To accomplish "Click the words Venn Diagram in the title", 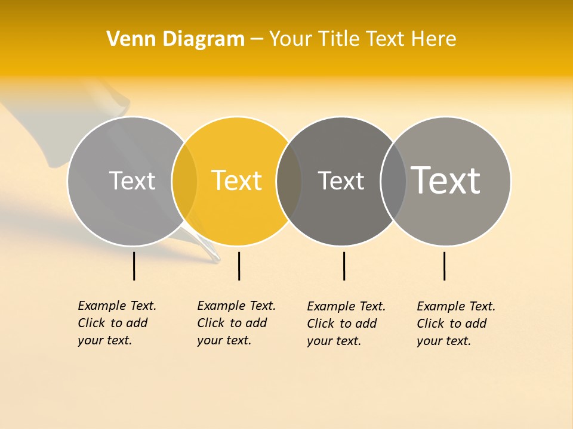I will point(175,39).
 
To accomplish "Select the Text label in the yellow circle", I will point(237,181).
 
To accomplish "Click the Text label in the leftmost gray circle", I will point(132,181).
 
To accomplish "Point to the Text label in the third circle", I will point(341,181).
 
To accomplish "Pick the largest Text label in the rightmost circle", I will point(446,180).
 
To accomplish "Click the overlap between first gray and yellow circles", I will point(184,181).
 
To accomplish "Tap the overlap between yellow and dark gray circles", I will point(289,181).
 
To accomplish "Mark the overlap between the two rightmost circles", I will point(393,181).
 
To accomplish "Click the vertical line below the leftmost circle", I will point(134,266).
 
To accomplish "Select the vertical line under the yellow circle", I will point(239,266).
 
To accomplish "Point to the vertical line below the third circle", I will point(344,266).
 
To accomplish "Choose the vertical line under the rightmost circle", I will point(444,266).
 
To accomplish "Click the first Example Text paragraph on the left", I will point(116,323).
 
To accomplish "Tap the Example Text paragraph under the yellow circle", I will point(236,323).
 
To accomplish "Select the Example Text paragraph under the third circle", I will point(346,324).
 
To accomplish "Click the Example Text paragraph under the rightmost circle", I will point(455,324).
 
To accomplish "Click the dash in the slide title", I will point(257,39).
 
